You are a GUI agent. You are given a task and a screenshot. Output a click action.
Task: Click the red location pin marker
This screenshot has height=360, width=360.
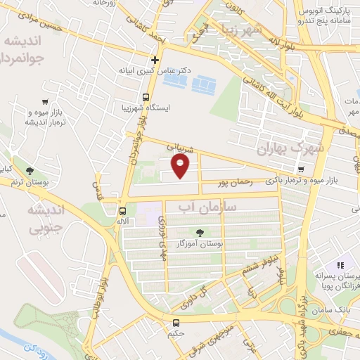pyautogui.click(x=181, y=166)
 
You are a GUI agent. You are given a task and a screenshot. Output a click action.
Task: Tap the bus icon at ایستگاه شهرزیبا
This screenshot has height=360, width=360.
pyautogui.click(x=146, y=97)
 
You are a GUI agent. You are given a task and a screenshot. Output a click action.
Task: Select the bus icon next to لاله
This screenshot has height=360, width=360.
pyautogui.click(x=123, y=210)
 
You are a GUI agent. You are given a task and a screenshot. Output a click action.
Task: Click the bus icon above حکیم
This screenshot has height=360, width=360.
pyautogui.click(x=176, y=323)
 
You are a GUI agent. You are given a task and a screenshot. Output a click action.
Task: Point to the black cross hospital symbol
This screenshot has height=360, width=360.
pyautogui.click(x=155, y=60)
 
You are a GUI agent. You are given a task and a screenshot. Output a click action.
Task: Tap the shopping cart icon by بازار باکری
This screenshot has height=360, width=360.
pyautogui.click(x=300, y=169)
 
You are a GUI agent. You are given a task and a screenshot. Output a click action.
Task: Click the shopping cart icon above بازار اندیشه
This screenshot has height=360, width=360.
pyautogui.click(x=46, y=101)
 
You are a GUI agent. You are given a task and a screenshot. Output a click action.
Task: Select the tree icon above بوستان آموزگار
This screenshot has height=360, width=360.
pyautogui.click(x=202, y=231)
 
